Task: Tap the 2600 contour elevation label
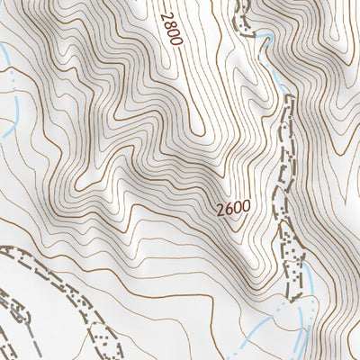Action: [232, 209]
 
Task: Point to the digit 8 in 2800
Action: [173, 25]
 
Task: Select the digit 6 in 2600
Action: [227, 209]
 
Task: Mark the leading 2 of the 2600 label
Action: [220, 209]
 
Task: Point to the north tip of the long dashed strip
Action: [289, 97]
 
